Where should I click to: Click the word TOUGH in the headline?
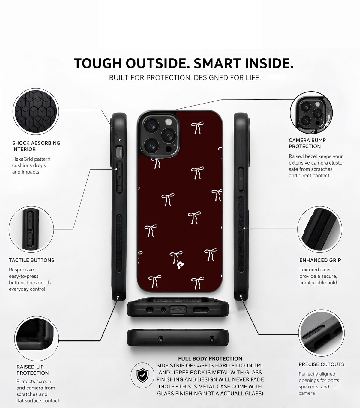click(x=97, y=63)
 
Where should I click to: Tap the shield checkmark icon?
click(x=142, y=375)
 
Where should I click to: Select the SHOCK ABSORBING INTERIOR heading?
click(x=36, y=146)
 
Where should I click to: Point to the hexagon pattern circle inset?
click(x=36, y=111)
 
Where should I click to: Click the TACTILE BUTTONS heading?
click(x=31, y=260)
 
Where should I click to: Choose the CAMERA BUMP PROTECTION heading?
click(x=307, y=143)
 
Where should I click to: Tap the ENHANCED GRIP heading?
click(x=320, y=260)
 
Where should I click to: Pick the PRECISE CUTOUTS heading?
click(x=321, y=364)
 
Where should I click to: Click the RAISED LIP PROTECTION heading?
click(x=33, y=370)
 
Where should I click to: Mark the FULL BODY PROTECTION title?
click(x=210, y=358)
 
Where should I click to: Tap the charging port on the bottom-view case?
click(x=178, y=310)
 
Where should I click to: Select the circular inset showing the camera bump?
click(x=311, y=113)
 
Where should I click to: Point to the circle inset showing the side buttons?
click(x=31, y=229)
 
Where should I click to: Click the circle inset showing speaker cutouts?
click(x=321, y=333)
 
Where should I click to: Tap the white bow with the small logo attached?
click(x=177, y=260)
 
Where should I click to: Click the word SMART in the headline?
click(x=217, y=63)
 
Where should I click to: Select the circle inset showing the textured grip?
click(x=319, y=229)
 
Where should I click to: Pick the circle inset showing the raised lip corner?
click(x=37, y=338)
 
